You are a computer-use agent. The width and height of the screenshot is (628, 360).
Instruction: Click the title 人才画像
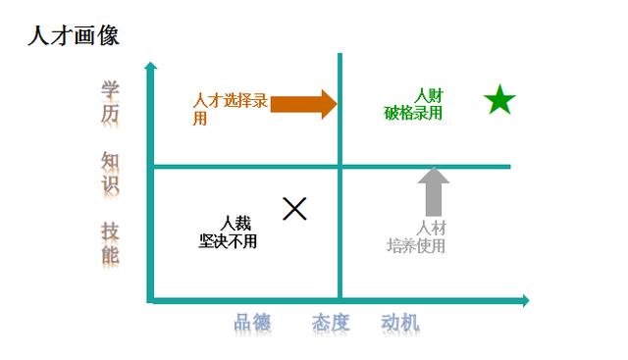[75, 36]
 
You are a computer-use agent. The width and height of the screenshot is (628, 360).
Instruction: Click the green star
[499, 100]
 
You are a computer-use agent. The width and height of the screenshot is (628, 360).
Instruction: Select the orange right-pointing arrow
[304, 104]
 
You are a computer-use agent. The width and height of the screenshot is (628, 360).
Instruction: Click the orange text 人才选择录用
[230, 109]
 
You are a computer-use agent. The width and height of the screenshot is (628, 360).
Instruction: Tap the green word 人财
[429, 96]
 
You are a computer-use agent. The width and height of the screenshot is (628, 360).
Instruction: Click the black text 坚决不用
[228, 240]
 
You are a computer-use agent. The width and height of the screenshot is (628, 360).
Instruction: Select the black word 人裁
[235, 224]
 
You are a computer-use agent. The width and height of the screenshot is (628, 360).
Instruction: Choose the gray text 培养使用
[416, 245]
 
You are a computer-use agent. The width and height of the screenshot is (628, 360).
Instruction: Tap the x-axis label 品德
[252, 323]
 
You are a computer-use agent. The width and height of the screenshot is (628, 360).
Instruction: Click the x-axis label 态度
[331, 323]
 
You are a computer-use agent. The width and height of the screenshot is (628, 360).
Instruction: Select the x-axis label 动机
[400, 323]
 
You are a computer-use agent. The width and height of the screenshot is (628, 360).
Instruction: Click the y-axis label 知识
[110, 172]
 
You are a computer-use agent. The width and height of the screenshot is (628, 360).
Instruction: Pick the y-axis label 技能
[110, 243]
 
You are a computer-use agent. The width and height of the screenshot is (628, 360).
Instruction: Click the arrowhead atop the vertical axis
[150, 68]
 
